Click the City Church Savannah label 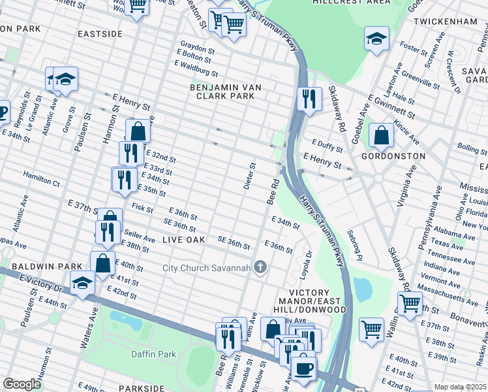click(x=207, y=268)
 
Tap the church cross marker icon click(x=260, y=267)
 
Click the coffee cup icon click(x=303, y=368)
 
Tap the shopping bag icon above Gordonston click(x=381, y=135)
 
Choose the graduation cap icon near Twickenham click(x=376, y=39)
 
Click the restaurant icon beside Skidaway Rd click(x=307, y=98)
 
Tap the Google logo click(x=22, y=384)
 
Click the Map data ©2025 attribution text click(x=461, y=387)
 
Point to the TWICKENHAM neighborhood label click(x=444, y=22)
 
